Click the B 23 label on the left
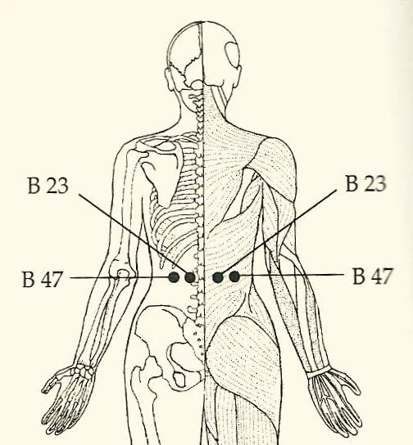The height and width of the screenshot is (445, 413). coord(48,186)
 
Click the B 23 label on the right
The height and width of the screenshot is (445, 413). coord(365,183)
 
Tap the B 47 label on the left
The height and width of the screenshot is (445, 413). coord(42,279)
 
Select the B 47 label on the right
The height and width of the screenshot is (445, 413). coord(373,276)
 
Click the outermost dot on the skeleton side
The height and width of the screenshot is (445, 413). coord(174,277)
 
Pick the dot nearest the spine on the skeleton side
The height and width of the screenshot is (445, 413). coord(190,277)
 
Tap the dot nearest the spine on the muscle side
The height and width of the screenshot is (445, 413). coord(218,277)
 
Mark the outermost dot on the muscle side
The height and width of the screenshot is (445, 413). coord(234,276)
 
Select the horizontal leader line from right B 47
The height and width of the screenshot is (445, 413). coord(292,275)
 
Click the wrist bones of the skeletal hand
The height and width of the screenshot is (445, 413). coord(84,371)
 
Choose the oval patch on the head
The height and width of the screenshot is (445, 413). coord(233,55)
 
